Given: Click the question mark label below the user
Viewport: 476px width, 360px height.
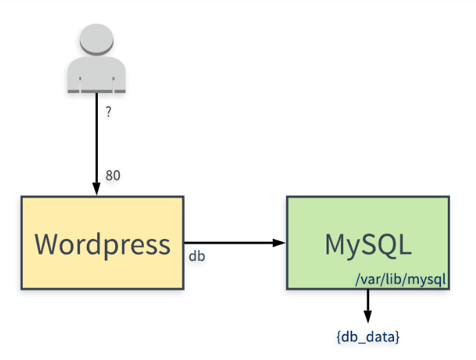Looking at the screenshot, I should pos(108,112).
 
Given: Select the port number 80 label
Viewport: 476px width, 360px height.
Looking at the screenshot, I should pos(113,176).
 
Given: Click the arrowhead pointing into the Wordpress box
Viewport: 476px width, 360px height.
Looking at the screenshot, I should pos(96,189).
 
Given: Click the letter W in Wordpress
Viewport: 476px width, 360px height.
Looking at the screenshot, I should pos(48,244).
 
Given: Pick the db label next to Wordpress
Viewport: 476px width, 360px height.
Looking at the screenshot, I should pos(197,256).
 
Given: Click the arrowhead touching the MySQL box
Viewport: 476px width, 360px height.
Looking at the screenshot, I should pos(279,242).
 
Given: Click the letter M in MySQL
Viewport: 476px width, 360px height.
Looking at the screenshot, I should pos(337,244).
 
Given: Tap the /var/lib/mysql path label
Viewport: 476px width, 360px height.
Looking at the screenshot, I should pos(402,279).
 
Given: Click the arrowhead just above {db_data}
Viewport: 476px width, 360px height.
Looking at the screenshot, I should pos(368,317).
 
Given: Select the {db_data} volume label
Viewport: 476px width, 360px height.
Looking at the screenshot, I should pos(368,337).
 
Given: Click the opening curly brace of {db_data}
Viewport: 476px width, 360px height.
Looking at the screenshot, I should pos(339,337).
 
